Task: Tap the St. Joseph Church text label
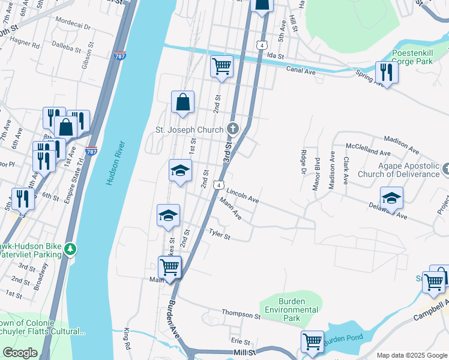(x=190, y=129)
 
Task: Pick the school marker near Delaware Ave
(x=391, y=197)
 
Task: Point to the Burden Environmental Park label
(x=292, y=310)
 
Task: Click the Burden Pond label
(x=343, y=338)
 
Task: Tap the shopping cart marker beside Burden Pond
(x=312, y=342)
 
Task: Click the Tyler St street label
(x=219, y=233)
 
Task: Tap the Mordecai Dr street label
(x=72, y=27)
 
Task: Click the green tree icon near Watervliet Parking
(x=71, y=248)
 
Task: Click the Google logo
(x=20, y=353)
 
